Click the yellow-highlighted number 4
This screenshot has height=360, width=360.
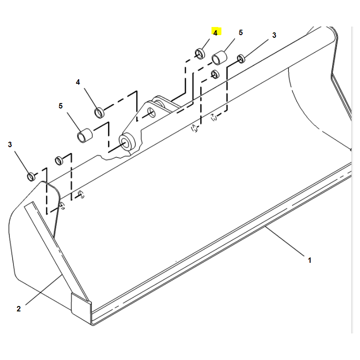tap(215, 33)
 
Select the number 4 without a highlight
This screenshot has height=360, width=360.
tap(78, 82)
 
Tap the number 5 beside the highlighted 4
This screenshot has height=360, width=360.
tap(241, 32)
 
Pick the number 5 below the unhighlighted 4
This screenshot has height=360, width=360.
tap(60, 106)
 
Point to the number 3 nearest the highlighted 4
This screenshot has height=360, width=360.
tap(274, 36)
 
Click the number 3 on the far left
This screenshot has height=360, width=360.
tap(9, 144)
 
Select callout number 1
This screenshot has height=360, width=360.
tap(310, 261)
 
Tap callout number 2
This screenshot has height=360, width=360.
tap(18, 309)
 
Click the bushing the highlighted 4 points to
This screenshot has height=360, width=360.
tap(200, 54)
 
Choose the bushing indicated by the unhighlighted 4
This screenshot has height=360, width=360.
tap(99, 112)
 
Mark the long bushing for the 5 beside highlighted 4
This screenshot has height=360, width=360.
tap(219, 58)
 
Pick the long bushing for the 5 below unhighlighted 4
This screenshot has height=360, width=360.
tap(85, 136)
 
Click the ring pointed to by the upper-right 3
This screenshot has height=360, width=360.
tap(241, 59)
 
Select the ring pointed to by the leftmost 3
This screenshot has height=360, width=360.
tap(31, 176)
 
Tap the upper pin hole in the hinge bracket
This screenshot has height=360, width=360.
tap(151, 112)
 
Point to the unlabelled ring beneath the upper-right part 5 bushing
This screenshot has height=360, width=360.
tap(215, 74)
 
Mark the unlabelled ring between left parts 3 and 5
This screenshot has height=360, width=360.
tap(59, 160)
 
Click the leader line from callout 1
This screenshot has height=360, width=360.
tap(285, 241)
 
